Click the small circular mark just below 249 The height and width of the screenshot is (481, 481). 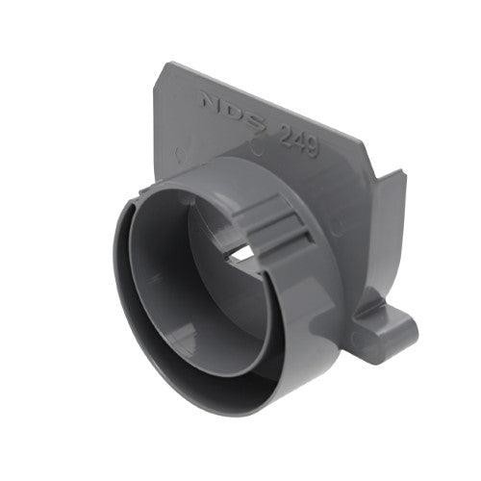pyautogui.click(x=257, y=149)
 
